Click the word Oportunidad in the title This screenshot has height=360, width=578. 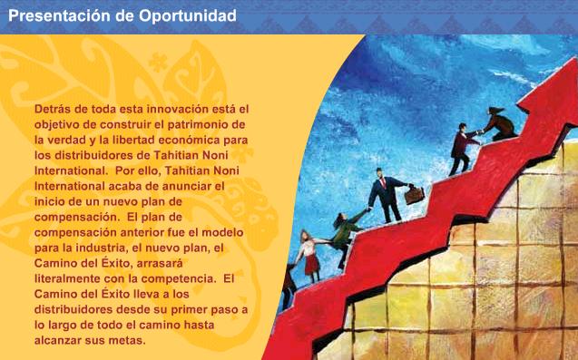187,16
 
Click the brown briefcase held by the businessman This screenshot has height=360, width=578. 415,195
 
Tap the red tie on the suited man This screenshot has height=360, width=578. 383,182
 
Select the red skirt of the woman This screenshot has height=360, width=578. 312,264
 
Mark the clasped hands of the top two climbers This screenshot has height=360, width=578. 480,131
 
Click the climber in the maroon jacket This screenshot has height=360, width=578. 462,148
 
